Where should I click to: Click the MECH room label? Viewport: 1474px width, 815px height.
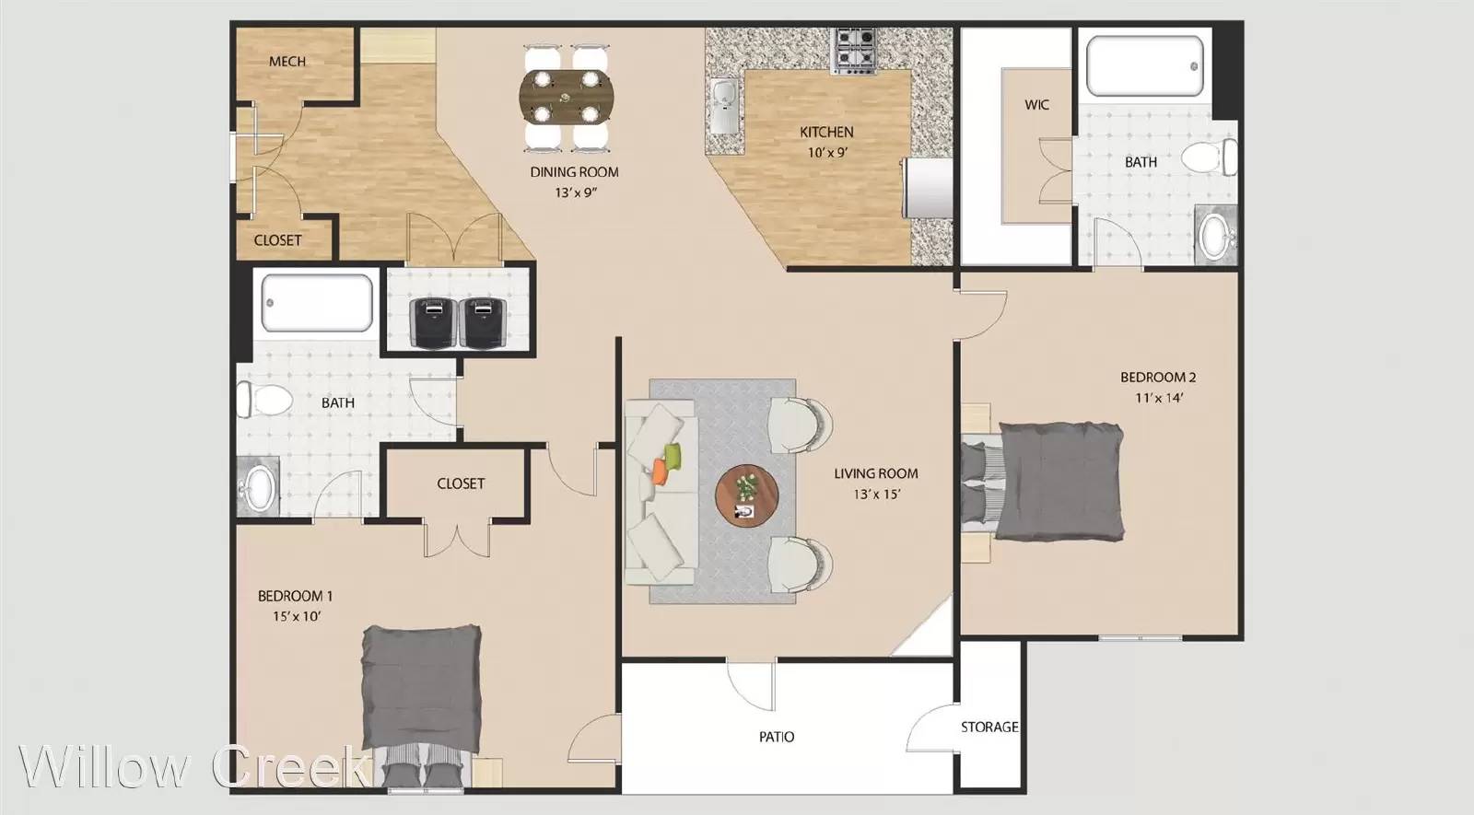287,61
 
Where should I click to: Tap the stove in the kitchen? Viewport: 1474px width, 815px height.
855,50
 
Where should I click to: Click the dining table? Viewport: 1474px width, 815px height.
566,98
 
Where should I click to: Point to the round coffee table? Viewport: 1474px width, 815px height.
747,495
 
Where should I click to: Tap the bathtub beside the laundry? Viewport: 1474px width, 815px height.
317,303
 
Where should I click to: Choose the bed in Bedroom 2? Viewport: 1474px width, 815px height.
1042,483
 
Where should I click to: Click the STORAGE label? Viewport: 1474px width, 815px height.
989,727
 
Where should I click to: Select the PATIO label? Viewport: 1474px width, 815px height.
777,737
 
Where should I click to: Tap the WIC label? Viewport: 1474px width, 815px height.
1036,105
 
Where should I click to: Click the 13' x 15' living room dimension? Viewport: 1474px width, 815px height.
876,494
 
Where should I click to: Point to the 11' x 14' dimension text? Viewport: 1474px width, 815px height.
1159,397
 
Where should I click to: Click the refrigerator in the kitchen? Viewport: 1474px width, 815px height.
927,188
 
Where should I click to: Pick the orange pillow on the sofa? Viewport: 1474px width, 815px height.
660,472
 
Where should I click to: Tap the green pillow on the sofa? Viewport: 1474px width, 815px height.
673,455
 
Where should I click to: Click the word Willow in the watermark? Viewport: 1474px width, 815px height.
103,766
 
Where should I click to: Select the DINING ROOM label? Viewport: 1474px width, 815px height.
575,172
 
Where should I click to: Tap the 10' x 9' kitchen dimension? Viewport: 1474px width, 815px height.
827,153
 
